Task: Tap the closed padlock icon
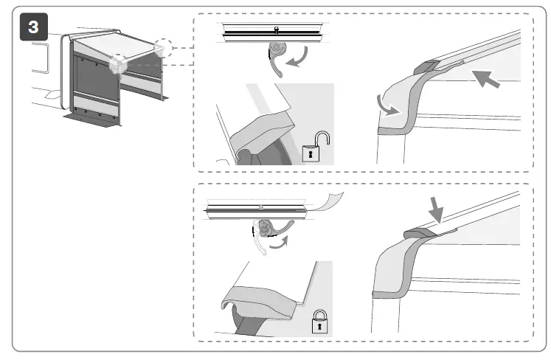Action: (x=320, y=321)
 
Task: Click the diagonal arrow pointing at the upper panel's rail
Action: (x=486, y=77)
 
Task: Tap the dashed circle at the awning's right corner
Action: (x=164, y=49)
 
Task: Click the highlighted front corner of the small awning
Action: (x=116, y=66)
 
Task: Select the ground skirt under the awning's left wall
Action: (x=92, y=118)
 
